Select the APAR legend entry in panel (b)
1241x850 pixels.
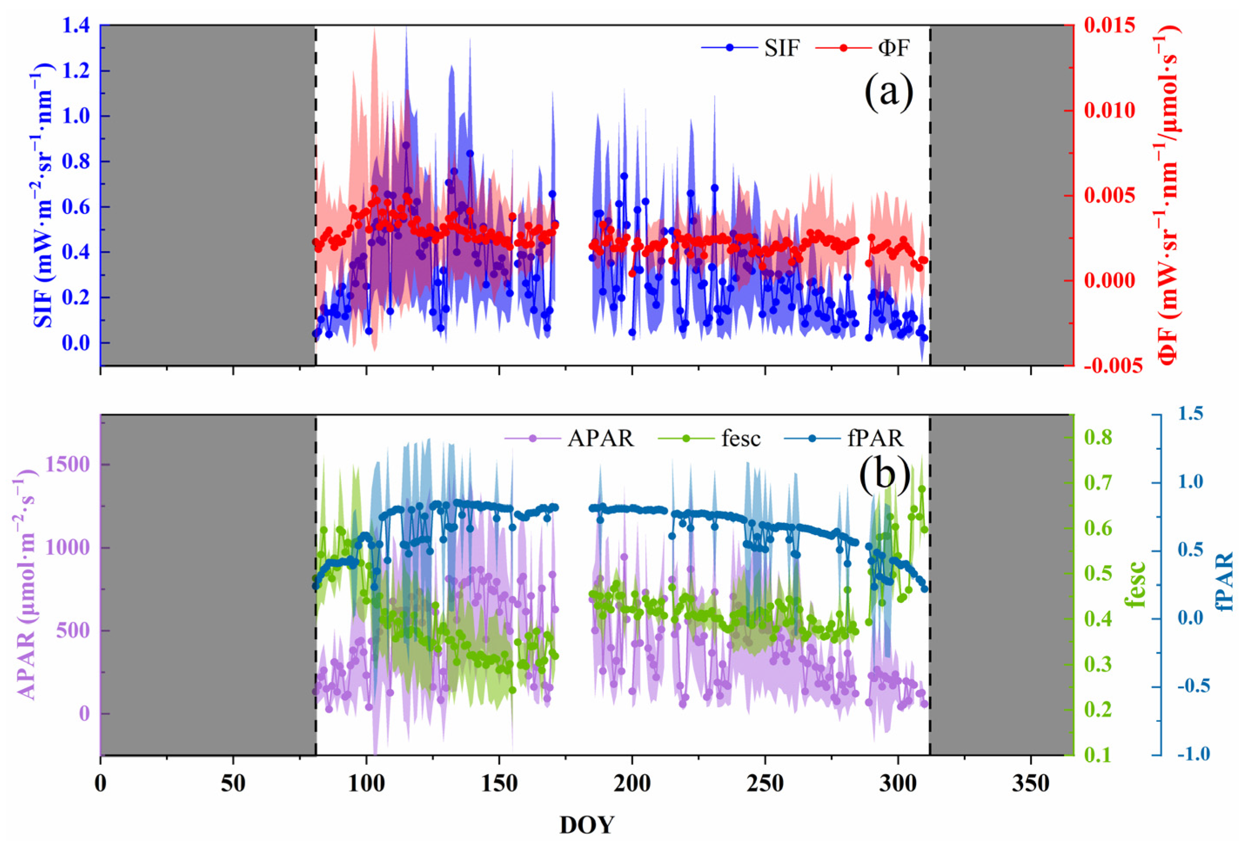(601, 439)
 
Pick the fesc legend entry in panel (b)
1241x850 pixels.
(741, 439)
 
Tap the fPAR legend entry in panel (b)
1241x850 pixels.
(875, 439)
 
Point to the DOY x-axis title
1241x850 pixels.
(586, 825)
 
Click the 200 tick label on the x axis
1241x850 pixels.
(632, 784)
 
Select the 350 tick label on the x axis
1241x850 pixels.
(1030, 784)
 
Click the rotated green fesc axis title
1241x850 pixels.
(1137, 585)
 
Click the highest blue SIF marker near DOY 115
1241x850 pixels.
(406, 145)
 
